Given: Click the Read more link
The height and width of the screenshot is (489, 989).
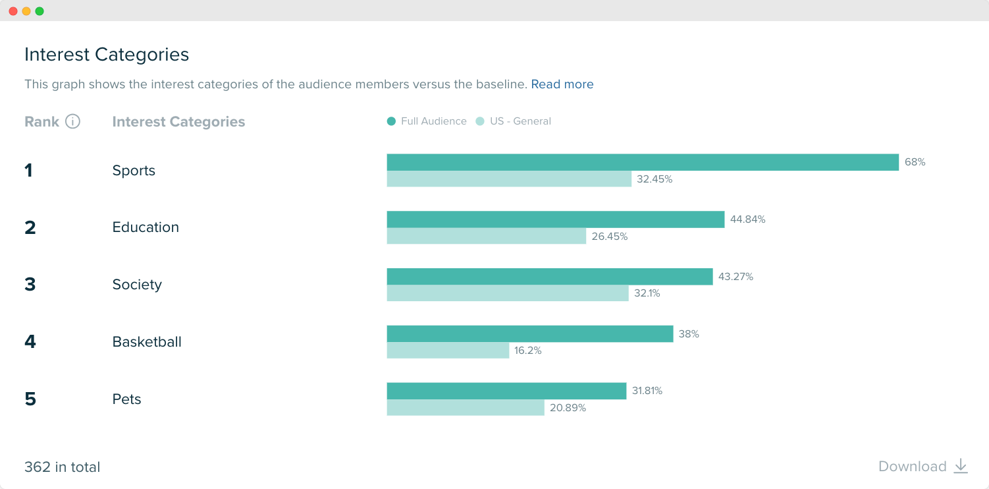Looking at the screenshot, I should point(562,84).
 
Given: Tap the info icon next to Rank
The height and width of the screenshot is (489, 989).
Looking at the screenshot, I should point(73,122).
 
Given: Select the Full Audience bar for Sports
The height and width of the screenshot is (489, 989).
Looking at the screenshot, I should point(642,162).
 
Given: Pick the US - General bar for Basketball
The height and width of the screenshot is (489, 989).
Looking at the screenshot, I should point(448,351).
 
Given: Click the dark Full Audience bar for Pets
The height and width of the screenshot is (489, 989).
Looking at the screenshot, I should point(506,391).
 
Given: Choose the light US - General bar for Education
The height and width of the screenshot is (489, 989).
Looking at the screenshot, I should point(486,236).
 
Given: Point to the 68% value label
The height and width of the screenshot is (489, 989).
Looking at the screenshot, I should point(915,162).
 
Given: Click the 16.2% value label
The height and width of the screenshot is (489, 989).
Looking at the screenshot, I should point(527,351).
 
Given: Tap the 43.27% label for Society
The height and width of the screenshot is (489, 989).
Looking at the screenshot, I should point(735,277).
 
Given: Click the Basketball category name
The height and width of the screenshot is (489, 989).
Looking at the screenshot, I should point(147,342).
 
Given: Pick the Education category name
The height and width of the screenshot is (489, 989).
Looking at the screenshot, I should point(146,227).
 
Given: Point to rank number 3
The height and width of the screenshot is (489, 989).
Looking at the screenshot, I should point(30,285).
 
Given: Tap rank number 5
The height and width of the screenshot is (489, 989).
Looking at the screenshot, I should point(30,399).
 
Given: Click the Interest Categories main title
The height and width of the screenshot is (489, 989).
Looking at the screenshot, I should point(107,55).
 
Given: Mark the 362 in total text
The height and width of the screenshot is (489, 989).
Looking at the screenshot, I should point(63,467).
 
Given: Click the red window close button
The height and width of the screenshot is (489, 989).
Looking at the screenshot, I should point(13,11).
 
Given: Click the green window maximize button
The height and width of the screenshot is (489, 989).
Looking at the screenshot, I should point(40,11).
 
